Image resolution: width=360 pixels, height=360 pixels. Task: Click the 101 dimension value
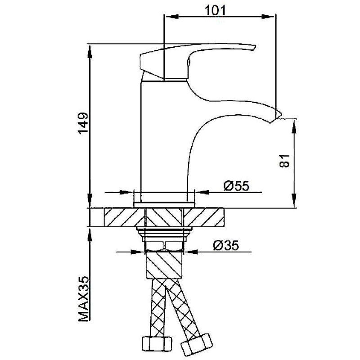215,10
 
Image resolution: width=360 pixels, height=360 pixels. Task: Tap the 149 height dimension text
83,123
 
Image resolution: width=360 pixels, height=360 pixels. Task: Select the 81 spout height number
285,161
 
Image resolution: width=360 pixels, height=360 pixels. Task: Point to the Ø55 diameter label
236,186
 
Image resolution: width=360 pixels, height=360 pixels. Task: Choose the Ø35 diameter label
226,245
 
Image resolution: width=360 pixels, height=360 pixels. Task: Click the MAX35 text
83,298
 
